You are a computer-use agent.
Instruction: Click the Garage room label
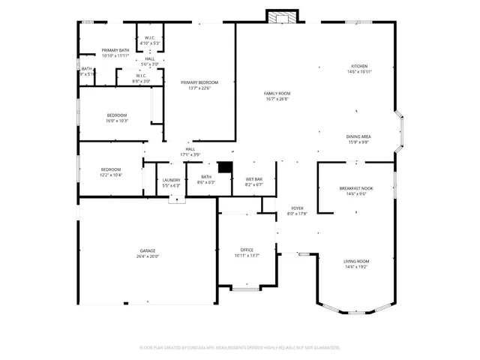click(x=148, y=250)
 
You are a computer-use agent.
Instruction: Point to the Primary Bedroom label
click(x=199, y=82)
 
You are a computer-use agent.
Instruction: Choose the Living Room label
click(x=356, y=260)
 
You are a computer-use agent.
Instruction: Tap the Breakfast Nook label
click(x=356, y=188)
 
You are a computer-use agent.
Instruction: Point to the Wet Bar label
click(x=253, y=178)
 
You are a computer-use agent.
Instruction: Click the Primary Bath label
click(x=115, y=50)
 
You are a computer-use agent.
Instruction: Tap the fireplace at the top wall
click(x=281, y=16)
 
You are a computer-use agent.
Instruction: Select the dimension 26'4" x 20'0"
click(x=148, y=256)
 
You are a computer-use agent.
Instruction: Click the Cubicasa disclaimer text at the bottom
click(x=240, y=348)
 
